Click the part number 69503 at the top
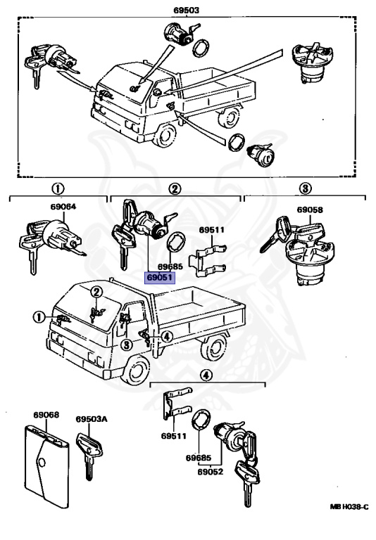(x=187, y=11)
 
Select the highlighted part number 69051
(x=160, y=277)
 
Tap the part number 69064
(x=63, y=207)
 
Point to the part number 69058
(x=310, y=210)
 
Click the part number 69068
(x=46, y=415)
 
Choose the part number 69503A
(x=92, y=419)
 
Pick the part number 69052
(x=211, y=472)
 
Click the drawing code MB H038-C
(x=349, y=506)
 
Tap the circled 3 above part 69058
(x=305, y=188)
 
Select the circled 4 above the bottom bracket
(x=206, y=375)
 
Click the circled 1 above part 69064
(x=58, y=188)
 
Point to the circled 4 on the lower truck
(x=167, y=337)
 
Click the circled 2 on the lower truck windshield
(x=96, y=292)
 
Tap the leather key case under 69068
(x=47, y=466)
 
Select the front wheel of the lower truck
(x=137, y=371)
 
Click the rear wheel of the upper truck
(x=229, y=117)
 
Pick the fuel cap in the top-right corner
(x=313, y=63)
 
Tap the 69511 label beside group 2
(x=211, y=230)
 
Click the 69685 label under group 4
(x=199, y=458)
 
